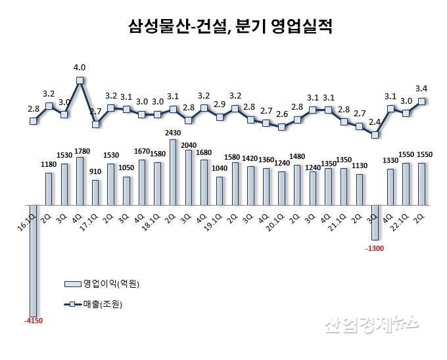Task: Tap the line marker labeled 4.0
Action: pos(80,81)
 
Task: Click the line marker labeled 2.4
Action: pos(375,135)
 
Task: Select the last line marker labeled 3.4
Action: pos(423,101)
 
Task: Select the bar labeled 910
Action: pos(96,192)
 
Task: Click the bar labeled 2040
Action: pos(189,177)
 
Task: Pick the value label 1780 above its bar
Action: pos(80,152)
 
